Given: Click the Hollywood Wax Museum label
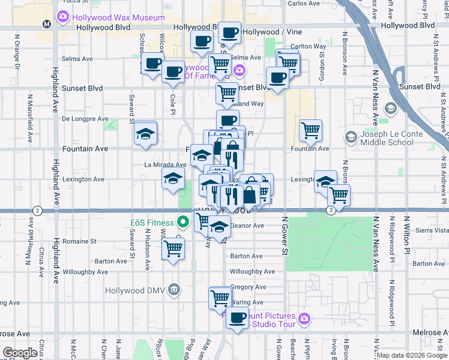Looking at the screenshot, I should pyautogui.click(x=118, y=17).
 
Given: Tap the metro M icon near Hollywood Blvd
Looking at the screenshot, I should pyautogui.click(x=47, y=24).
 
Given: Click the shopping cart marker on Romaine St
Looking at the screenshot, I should pyautogui.click(x=173, y=248).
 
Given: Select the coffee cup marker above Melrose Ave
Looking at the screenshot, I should pyautogui.click(x=238, y=317).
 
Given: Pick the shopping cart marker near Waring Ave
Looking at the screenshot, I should pyautogui.click(x=220, y=298).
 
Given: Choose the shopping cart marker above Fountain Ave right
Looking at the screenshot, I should pyautogui.click(x=310, y=130).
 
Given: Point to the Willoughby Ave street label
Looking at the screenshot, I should pyautogui.click(x=252, y=272).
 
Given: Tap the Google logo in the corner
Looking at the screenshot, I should pyautogui.click(x=20, y=353).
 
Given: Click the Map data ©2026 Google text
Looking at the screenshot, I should pyautogui.click(x=412, y=355).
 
